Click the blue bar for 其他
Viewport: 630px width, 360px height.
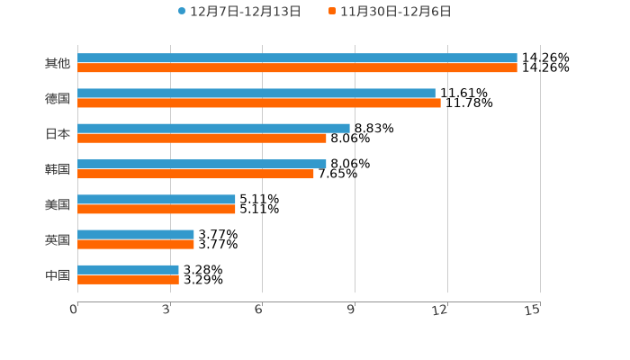pyautogui.click(x=297, y=58)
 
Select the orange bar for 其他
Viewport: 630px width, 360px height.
pyautogui.click(x=297, y=67)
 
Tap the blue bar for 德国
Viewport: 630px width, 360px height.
pyautogui.click(x=256, y=93)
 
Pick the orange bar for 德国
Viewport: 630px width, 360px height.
pyautogui.click(x=259, y=103)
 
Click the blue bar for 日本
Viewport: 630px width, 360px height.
pyautogui.click(x=213, y=128)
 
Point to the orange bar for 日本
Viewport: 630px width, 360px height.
pyautogui.click(x=202, y=138)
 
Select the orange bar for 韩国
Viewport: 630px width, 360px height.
pyautogui.click(x=195, y=174)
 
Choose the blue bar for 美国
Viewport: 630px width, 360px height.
pyautogui.click(x=157, y=199)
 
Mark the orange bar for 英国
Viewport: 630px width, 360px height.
pyautogui.click(x=136, y=244)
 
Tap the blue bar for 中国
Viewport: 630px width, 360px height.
pyautogui.click(x=128, y=269)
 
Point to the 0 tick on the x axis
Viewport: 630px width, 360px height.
pyautogui.click(x=74, y=310)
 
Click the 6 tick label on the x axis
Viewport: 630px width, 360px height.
pyautogui.click(x=258, y=310)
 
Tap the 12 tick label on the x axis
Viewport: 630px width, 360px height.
pyautogui.click(x=440, y=310)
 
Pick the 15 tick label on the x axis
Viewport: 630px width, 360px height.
pyautogui.click(x=533, y=310)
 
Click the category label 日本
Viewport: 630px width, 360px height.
pyautogui.click(x=58, y=133)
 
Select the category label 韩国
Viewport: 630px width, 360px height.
pyautogui.click(x=58, y=169)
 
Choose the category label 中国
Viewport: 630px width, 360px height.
pyautogui.click(x=58, y=274)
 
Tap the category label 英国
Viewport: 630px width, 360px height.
pyautogui.click(x=58, y=239)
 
